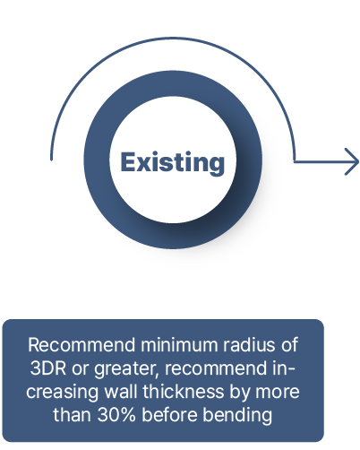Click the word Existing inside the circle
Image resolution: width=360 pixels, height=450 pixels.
tap(173, 162)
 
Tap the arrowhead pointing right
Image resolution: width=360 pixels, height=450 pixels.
tap(352, 161)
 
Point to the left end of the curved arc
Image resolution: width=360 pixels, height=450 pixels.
tap(51, 160)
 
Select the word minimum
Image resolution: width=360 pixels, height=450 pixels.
tap(180, 344)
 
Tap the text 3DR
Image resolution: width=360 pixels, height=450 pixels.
tap(48, 368)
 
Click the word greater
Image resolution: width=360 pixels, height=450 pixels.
tap(126, 369)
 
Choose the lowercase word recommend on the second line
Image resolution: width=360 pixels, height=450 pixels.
tap(216, 368)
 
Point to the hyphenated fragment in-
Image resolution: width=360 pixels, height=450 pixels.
tap(284, 368)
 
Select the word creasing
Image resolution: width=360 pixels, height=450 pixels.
tap(62, 393)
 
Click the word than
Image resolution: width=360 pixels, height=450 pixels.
tap(72, 415)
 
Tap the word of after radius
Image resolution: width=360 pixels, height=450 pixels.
tap(289, 344)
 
